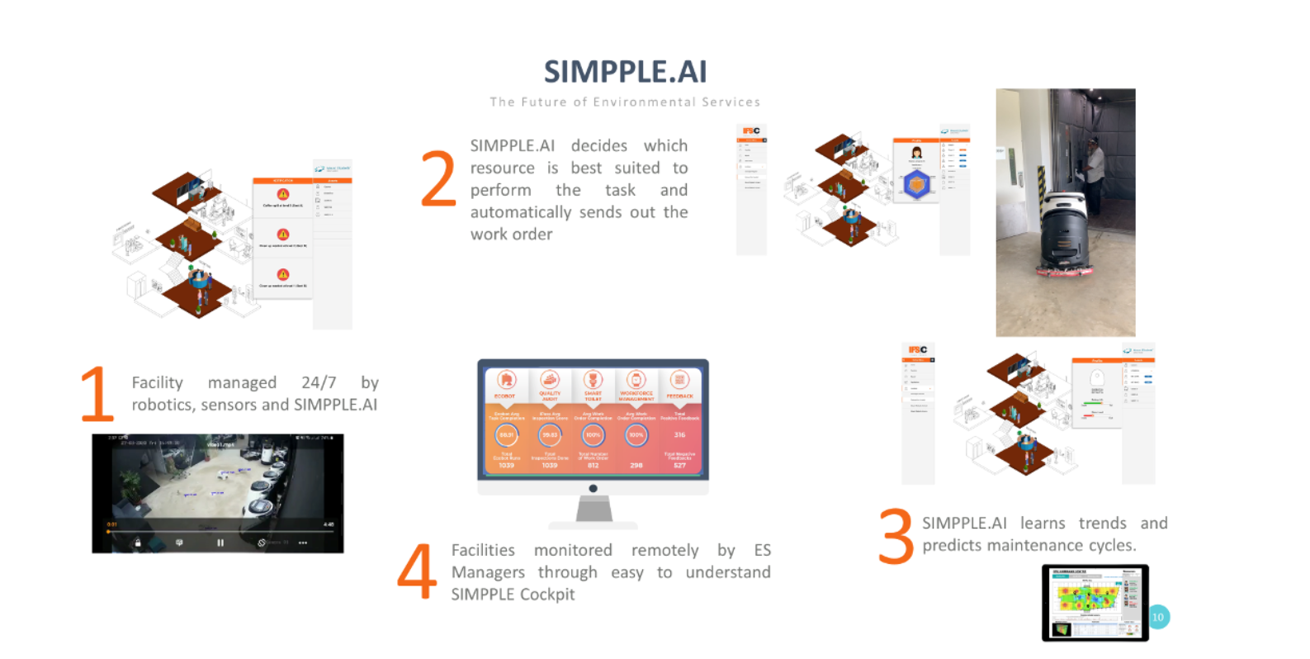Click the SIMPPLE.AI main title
pyautogui.click(x=625, y=72)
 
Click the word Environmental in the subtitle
pyautogui.click(x=644, y=102)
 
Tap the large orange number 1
pyautogui.click(x=97, y=394)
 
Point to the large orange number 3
pyautogui.click(x=896, y=536)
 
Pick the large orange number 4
pyautogui.click(x=417, y=571)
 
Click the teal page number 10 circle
pyautogui.click(x=1158, y=617)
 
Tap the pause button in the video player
pyautogui.click(x=220, y=543)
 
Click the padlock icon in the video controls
pyautogui.click(x=138, y=543)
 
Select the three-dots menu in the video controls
pyautogui.click(x=303, y=543)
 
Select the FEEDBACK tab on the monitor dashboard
pyautogui.click(x=679, y=396)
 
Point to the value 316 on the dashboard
pyautogui.click(x=679, y=434)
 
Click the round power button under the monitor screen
pyautogui.click(x=593, y=488)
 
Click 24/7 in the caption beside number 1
pyautogui.click(x=319, y=382)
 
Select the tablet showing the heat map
pyautogui.click(x=1095, y=603)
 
